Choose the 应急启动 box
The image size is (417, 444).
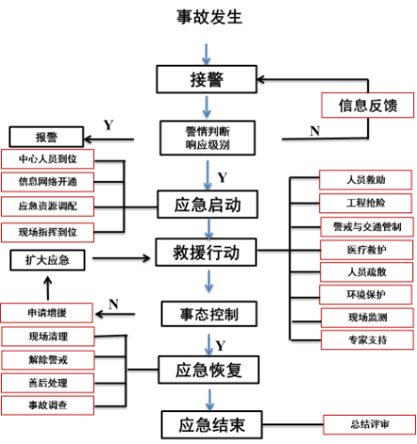207,203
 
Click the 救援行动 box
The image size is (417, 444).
207,253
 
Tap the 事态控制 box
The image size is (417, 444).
207,311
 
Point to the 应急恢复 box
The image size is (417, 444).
207,369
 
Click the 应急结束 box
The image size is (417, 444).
207,424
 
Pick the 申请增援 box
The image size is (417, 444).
46,312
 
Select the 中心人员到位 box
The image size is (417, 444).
48,158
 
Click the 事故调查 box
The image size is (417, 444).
48,406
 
